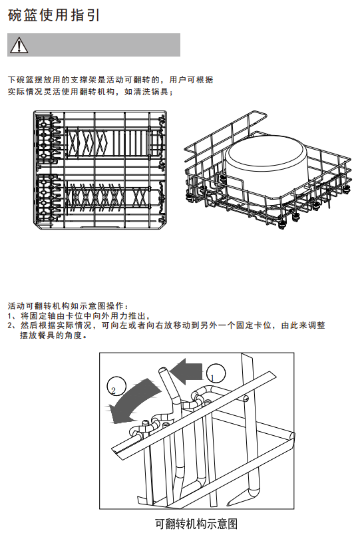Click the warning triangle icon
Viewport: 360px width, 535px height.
(x=19, y=45)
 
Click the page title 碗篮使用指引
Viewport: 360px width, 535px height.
(x=54, y=15)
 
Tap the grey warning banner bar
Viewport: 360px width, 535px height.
(x=94, y=45)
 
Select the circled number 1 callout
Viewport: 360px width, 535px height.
(x=216, y=374)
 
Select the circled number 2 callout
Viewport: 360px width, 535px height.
(x=116, y=387)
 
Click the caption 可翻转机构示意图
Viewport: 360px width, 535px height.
(x=196, y=524)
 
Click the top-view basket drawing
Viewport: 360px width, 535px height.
(x=100, y=170)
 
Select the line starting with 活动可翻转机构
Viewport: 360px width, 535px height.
(x=68, y=305)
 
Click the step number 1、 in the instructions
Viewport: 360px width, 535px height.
(x=12, y=315)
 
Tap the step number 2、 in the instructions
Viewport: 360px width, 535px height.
(x=12, y=325)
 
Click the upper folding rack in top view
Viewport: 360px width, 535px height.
(x=114, y=142)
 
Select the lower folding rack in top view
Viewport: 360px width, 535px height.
(x=114, y=197)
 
